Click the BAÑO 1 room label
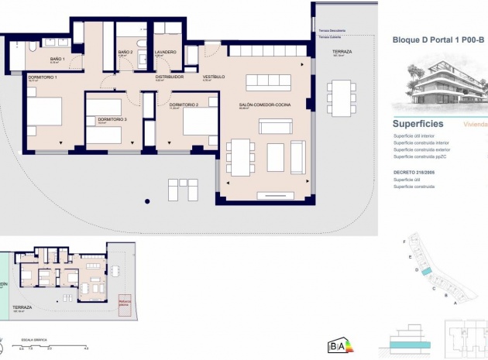(x=57, y=59)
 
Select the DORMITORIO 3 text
(x=112, y=119)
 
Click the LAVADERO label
(x=166, y=52)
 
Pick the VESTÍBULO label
(x=214, y=77)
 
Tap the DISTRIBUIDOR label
(x=169, y=77)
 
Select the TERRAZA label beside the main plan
(x=342, y=52)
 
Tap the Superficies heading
(x=418, y=123)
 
